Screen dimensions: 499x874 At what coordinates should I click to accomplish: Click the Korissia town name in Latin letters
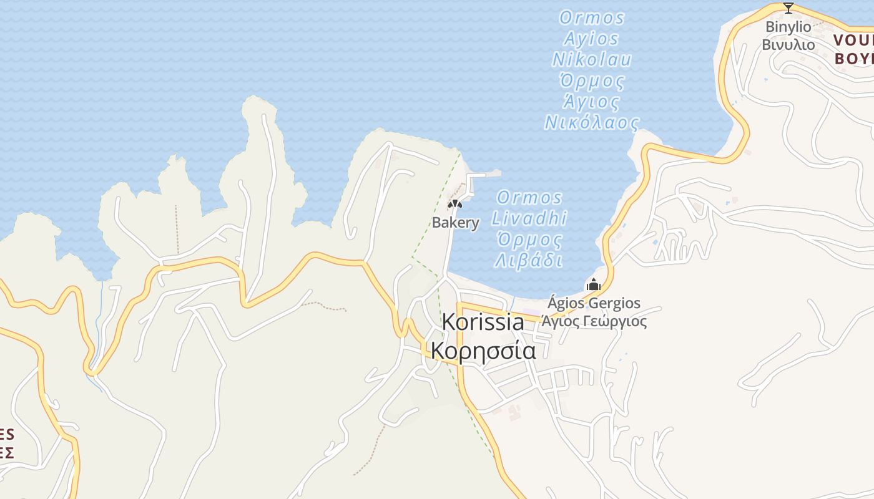pos(483,322)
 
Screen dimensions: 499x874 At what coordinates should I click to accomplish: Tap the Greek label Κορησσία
pos(483,351)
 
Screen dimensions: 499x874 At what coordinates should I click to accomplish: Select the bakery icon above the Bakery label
pos(454,204)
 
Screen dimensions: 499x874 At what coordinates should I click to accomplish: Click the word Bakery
pos(456,223)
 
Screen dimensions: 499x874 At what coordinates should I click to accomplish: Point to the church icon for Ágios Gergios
pos(593,285)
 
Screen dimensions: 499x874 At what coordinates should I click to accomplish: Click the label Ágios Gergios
pos(594,304)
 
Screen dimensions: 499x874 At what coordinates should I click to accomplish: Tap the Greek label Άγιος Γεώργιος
pos(594,322)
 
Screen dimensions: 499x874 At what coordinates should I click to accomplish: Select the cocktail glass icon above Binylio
pos(788,8)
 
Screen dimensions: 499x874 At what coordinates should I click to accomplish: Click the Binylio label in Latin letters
pos(788,27)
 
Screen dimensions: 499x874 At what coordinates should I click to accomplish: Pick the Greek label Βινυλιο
pos(788,44)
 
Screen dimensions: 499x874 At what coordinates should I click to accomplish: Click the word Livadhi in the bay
pos(529,218)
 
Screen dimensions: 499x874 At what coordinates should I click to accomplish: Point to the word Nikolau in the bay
pos(592,60)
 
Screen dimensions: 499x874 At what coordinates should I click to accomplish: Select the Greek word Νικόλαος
pos(592,122)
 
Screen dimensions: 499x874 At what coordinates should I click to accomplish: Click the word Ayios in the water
pos(591,39)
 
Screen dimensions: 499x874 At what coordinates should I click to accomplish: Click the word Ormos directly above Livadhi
pos(529,198)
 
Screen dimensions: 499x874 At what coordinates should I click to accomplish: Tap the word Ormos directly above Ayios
pos(592,17)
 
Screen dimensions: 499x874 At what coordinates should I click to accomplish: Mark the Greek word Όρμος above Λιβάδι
pos(529,240)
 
